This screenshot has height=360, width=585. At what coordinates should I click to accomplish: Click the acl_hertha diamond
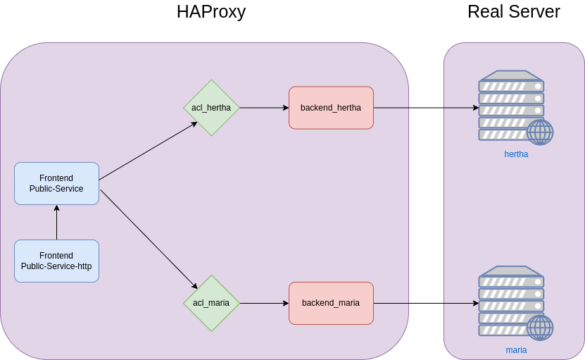[x=211, y=108]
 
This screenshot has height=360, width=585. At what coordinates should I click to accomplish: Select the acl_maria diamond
[x=211, y=303]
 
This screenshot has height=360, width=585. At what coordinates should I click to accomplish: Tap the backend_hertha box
[x=331, y=108]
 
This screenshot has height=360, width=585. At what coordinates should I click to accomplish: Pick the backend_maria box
[x=331, y=303]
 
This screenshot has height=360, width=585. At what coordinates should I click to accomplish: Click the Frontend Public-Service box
[x=56, y=183]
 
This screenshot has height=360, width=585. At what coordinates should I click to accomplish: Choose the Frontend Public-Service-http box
[x=56, y=261]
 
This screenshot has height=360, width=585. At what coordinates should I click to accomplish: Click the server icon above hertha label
[x=511, y=106]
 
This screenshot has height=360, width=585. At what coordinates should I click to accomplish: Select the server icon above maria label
[x=511, y=302]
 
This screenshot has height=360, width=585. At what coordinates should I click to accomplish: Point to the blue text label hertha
[x=516, y=154]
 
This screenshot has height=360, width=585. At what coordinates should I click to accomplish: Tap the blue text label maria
[x=516, y=350]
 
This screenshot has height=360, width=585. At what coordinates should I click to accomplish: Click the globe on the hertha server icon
[x=540, y=132]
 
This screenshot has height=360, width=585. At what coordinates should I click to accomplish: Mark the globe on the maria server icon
[x=540, y=328]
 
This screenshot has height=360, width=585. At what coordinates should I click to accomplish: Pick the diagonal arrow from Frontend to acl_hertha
[x=148, y=151]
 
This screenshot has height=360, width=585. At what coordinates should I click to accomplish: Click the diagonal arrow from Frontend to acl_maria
[x=149, y=239]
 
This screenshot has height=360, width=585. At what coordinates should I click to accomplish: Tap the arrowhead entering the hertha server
[x=476, y=108]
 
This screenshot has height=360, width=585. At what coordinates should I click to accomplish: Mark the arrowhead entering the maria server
[x=476, y=304]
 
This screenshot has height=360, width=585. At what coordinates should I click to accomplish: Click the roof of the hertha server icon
[x=511, y=75]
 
